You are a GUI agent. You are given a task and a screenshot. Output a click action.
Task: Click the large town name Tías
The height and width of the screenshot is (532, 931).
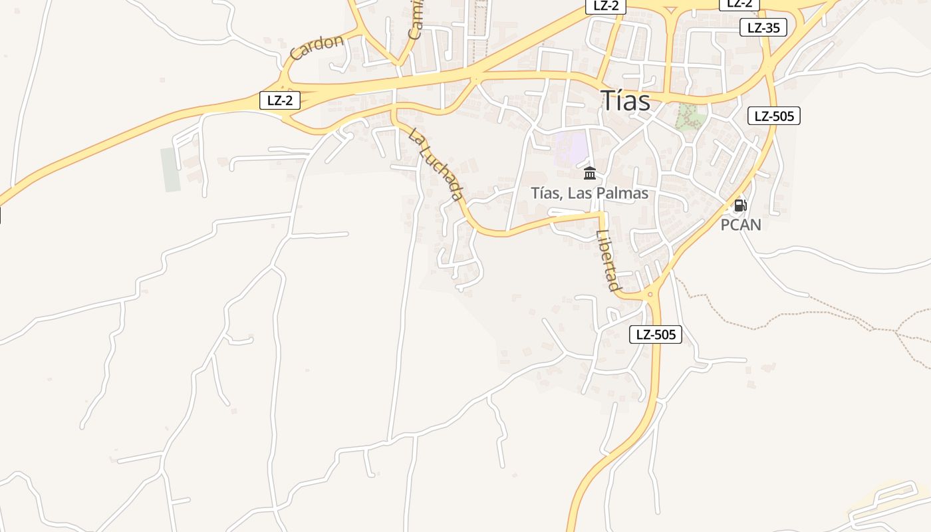(625, 100)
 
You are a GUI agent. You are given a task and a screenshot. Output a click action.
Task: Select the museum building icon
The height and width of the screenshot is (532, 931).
(590, 174)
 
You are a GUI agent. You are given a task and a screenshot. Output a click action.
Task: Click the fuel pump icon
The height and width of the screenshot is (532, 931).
(740, 205)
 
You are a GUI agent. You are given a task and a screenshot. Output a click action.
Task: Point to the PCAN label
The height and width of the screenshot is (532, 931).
(741, 225)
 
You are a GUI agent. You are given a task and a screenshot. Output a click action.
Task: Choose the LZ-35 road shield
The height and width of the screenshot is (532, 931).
(763, 27)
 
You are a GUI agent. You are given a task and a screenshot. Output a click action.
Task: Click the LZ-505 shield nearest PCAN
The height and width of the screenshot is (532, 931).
(774, 116)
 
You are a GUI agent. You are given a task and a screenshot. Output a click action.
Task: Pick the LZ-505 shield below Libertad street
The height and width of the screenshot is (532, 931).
(656, 334)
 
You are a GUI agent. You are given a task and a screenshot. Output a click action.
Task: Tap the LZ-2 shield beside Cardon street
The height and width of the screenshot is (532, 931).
(279, 100)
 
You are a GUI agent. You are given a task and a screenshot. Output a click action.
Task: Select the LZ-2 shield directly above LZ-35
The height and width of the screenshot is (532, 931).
(739, 4)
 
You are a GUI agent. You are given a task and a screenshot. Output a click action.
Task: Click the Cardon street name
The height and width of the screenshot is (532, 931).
(317, 47)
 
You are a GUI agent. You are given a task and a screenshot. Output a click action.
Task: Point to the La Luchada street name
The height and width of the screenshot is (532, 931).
(436, 164)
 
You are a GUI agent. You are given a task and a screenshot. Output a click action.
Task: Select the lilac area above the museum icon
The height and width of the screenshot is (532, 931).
(572, 147)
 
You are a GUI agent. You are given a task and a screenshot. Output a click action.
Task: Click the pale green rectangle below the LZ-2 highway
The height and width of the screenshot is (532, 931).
(170, 170)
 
